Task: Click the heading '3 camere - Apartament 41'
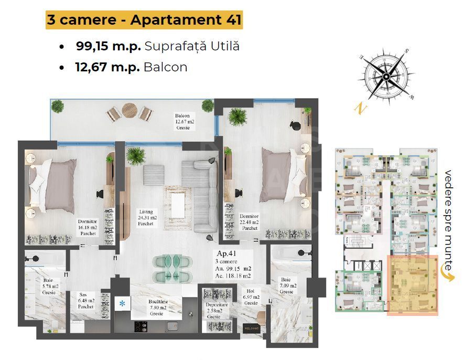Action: point(144,20)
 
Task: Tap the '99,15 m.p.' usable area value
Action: point(108,46)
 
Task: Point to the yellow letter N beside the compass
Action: point(360,109)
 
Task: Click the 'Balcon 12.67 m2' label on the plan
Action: point(186,121)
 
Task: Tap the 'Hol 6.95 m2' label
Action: point(251,297)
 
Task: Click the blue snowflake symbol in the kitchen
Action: point(122,303)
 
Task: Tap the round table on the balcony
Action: point(130,110)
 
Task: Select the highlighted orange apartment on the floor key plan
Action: point(412,285)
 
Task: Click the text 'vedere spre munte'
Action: point(448,220)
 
